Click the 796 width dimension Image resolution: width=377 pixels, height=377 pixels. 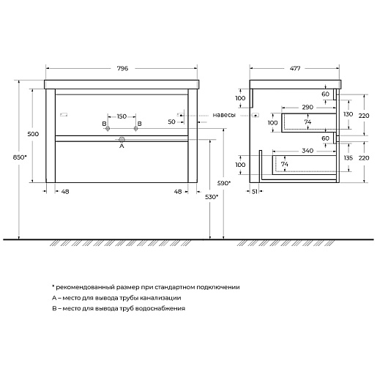122,69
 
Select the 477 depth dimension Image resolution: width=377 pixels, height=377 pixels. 295,69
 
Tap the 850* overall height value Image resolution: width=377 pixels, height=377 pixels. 20,157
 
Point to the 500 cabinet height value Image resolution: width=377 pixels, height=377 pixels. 33,134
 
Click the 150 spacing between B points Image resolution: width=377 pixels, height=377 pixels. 122,116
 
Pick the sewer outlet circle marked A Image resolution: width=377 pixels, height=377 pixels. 122,140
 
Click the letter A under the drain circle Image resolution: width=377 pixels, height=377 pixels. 122,146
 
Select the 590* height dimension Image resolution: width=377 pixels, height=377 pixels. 224,183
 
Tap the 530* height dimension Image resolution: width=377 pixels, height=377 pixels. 212,197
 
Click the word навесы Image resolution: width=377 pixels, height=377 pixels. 224,115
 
